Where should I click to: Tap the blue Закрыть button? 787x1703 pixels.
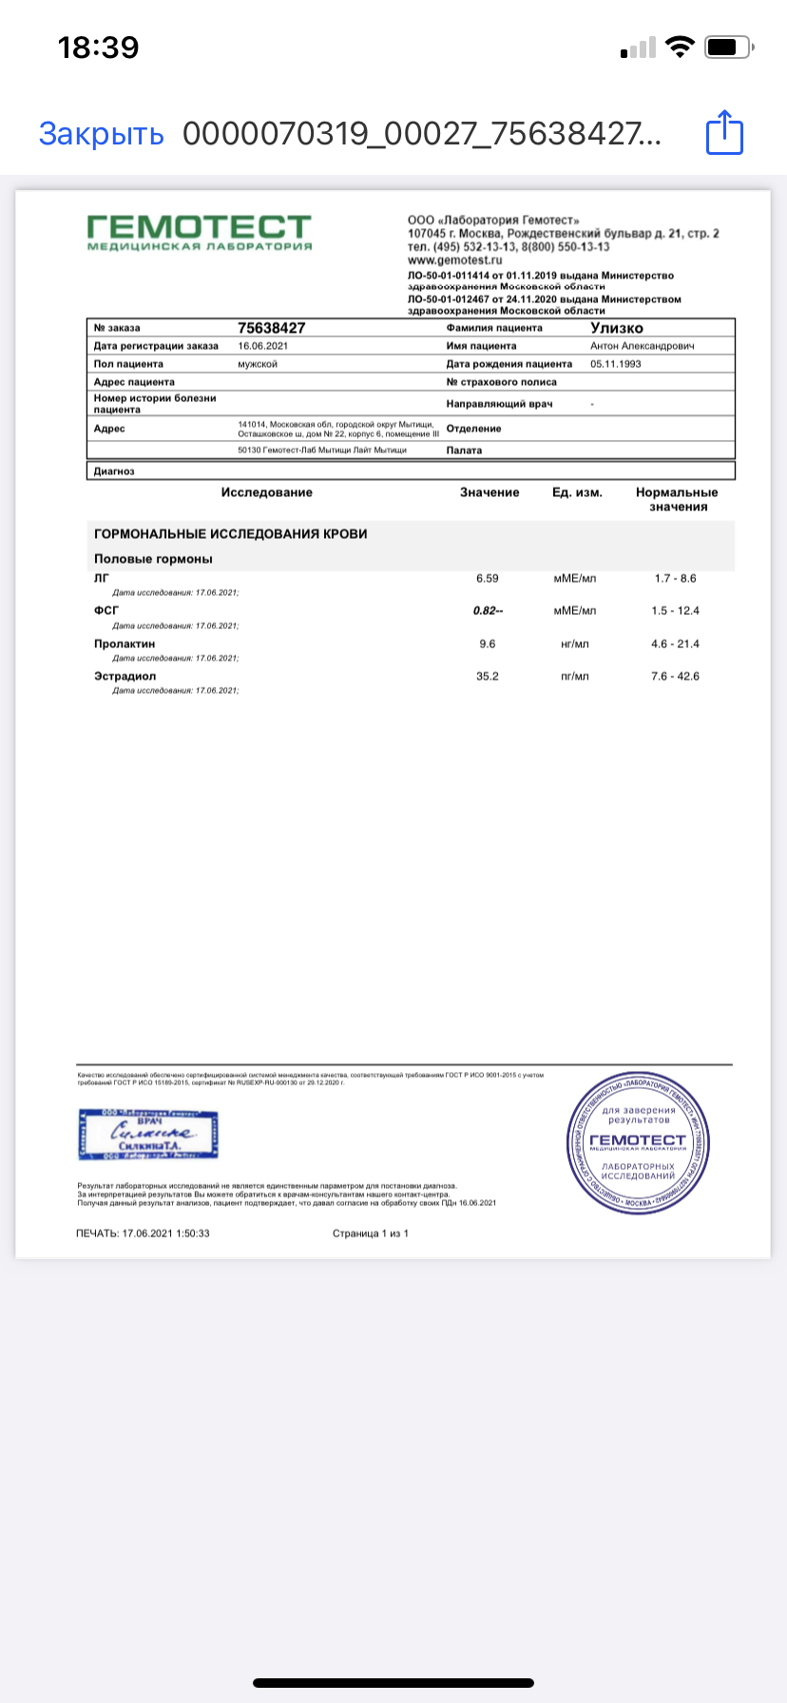coord(101,134)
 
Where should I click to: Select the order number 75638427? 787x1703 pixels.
coord(272,328)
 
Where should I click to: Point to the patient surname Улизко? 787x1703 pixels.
coord(617,328)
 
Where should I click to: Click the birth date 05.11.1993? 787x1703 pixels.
coord(616,364)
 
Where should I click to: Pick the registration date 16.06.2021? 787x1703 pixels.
coord(262,346)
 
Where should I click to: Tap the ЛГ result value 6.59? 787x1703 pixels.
coord(488,578)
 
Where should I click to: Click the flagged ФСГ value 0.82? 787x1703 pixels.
coord(487,611)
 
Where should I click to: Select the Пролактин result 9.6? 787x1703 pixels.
coord(488,643)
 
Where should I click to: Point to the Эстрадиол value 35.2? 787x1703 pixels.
coord(488,677)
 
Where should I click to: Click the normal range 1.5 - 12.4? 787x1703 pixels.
coord(675,611)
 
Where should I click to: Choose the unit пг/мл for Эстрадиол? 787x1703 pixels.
coord(575,677)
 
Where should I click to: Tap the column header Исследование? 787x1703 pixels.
coord(267,492)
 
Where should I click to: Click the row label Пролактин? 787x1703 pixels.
coord(125,643)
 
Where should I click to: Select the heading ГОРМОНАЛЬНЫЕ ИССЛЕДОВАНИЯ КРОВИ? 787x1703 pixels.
coord(231,534)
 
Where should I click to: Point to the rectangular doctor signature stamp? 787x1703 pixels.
coord(148,1134)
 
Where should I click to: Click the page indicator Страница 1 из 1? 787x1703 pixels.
coord(371,1234)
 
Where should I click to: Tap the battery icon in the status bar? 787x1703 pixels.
coord(729,47)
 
